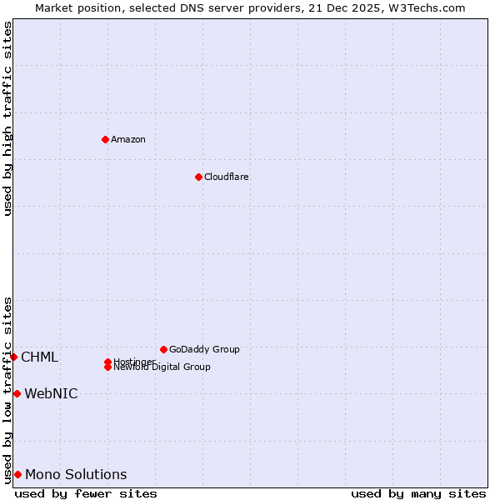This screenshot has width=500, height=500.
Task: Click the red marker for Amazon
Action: pos(105,139)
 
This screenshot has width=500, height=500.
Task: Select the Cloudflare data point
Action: pos(198,177)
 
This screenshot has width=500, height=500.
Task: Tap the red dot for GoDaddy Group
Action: pos(163,349)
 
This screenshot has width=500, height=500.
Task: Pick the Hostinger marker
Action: pos(107,362)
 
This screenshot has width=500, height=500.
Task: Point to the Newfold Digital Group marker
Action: pos(107,367)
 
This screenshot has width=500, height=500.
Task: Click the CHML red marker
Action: pos(13,357)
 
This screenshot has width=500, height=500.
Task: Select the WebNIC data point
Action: pos(17,393)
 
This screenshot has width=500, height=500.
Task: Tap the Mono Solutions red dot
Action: pos(17,474)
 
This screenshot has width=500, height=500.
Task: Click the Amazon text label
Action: pos(127,139)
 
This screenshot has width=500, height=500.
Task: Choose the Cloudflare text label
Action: pos(226,177)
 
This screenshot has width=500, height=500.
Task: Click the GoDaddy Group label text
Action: pos(203,349)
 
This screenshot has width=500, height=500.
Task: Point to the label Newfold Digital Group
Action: pos(162,367)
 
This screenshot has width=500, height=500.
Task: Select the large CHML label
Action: pos(39,357)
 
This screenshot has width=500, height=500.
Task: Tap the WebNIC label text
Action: pos(51,394)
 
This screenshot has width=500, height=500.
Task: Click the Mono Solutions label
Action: pos(76,475)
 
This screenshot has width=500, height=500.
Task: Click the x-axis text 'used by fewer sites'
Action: pos(86,493)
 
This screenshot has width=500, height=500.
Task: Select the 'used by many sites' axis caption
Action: pos(418,493)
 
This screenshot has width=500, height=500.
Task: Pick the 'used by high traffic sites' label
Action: pos(7,118)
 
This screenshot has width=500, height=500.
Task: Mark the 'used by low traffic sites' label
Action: pos(7,389)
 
